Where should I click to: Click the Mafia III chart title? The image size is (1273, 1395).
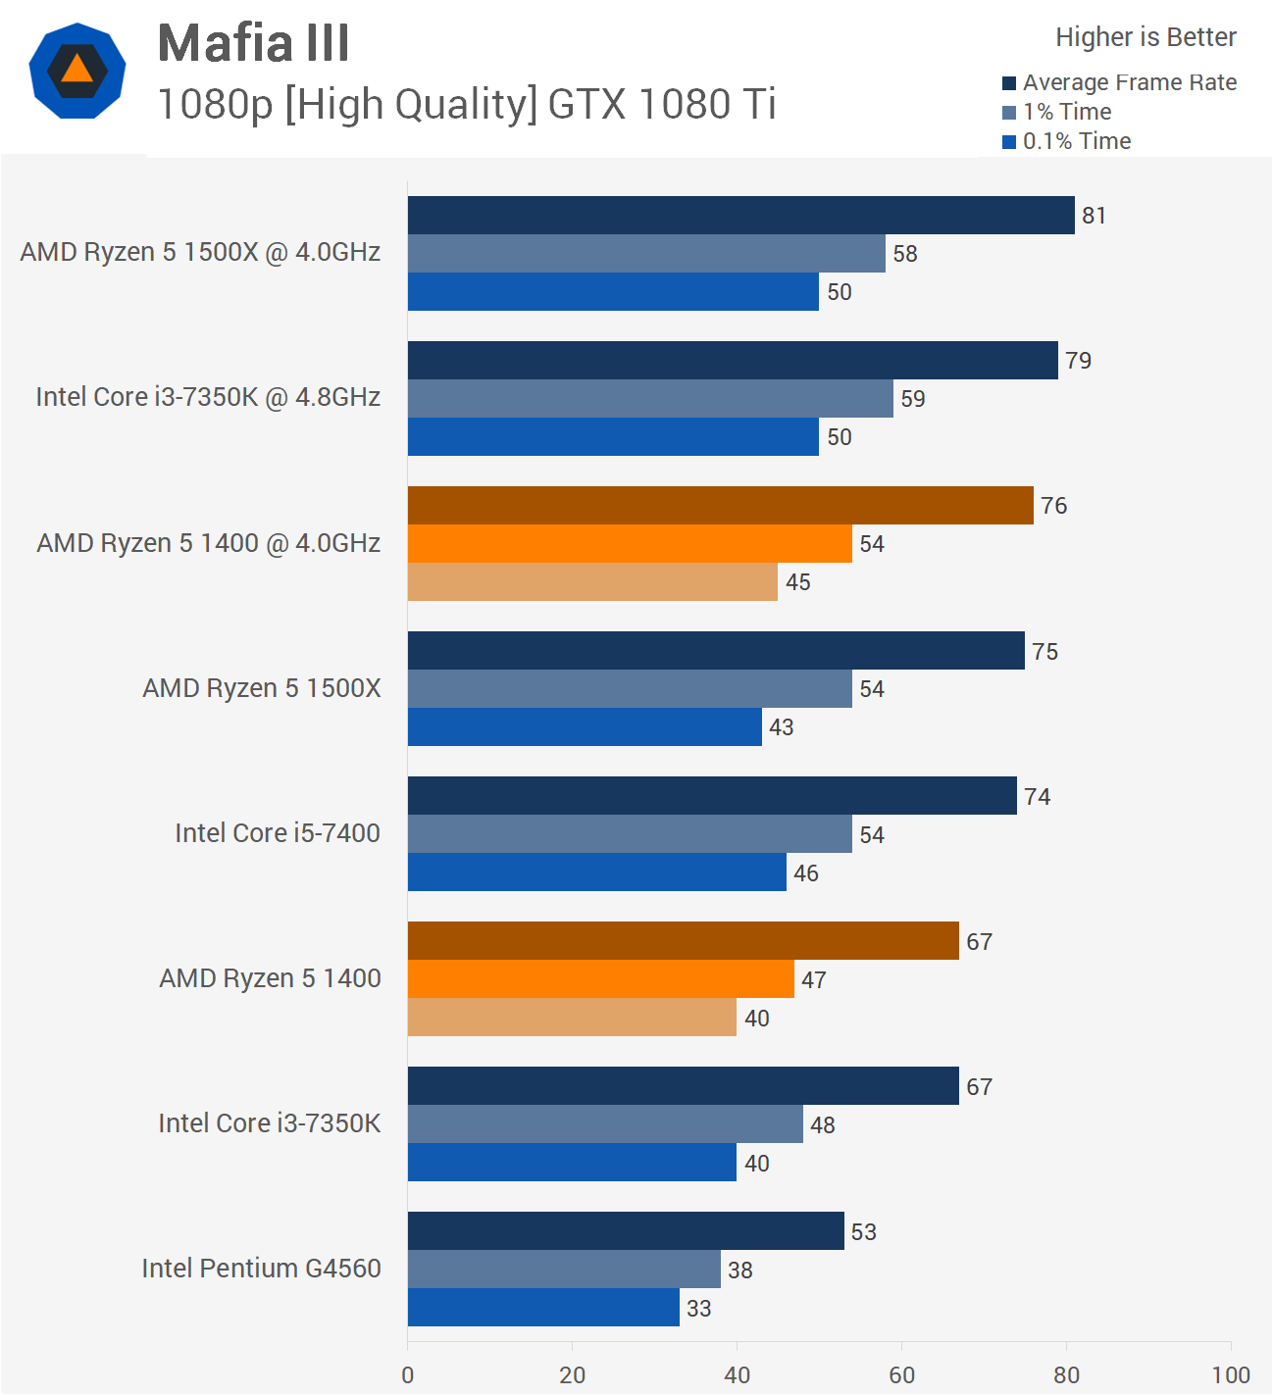click(x=253, y=43)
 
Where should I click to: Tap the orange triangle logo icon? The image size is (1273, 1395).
click(x=76, y=71)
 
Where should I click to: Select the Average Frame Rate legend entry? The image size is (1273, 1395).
click(x=1119, y=82)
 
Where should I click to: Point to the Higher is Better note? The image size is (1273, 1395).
click(x=1146, y=37)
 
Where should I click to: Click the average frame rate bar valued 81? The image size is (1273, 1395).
click(x=740, y=216)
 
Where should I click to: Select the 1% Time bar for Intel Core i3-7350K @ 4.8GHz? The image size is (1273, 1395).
click(x=650, y=399)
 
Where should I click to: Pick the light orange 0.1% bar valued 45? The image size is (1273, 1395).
click(x=592, y=582)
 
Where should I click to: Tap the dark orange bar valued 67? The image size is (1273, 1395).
click(x=683, y=941)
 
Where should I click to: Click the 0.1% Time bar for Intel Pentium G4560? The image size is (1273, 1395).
click(x=543, y=1308)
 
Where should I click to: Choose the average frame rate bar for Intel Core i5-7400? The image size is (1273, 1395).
click(x=712, y=796)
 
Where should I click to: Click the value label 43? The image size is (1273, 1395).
click(x=782, y=727)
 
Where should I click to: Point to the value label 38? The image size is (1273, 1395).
click(x=740, y=1270)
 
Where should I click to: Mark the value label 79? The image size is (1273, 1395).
click(x=1079, y=361)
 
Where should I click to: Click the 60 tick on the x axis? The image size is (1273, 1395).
click(x=901, y=1374)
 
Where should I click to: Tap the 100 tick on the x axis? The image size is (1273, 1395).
click(x=1231, y=1374)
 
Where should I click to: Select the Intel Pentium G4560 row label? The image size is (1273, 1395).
click(x=261, y=1269)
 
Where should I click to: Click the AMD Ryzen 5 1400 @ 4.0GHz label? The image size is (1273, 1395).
click(x=208, y=543)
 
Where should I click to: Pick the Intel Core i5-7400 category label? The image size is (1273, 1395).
click(x=278, y=833)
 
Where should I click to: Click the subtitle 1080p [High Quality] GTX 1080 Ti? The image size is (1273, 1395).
click(x=467, y=104)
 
